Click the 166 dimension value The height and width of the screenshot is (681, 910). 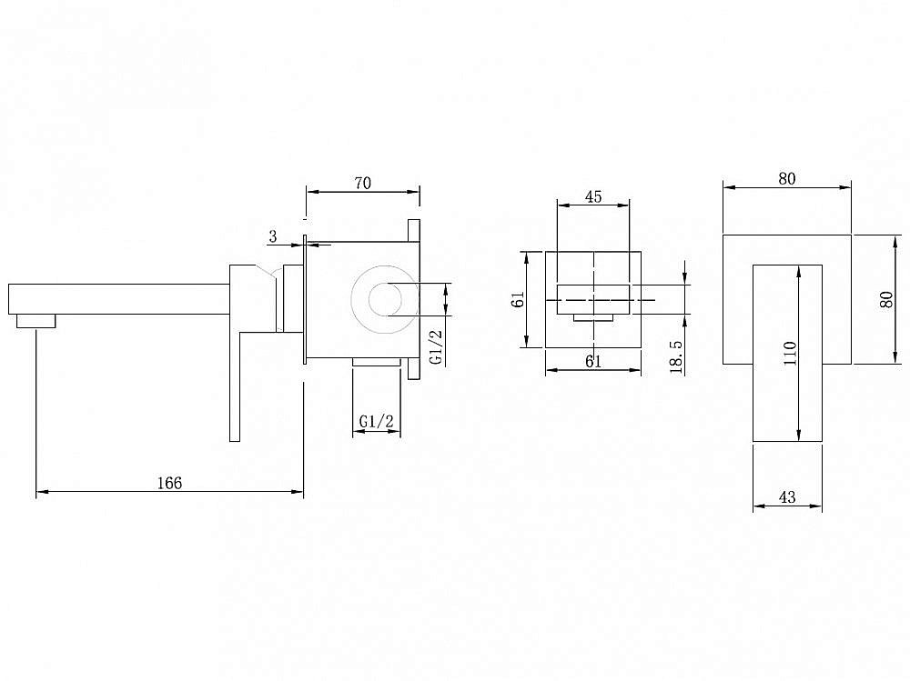pyautogui.click(x=168, y=483)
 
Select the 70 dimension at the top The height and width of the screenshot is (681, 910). pyautogui.click(x=362, y=183)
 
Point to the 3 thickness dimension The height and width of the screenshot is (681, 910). pyautogui.click(x=273, y=236)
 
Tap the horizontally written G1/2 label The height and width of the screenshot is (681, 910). pyautogui.click(x=376, y=421)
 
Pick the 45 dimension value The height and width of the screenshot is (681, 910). pyautogui.click(x=593, y=196)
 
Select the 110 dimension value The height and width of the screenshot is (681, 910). pyautogui.click(x=790, y=353)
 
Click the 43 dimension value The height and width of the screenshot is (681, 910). pyautogui.click(x=787, y=497)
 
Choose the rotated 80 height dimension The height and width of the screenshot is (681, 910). pyautogui.click(x=886, y=298)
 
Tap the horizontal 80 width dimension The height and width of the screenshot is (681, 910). pyautogui.click(x=787, y=179)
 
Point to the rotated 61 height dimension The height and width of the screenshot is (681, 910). pyautogui.click(x=518, y=299)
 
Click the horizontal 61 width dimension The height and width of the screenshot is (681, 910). pyautogui.click(x=592, y=362)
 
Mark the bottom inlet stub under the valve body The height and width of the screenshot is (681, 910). pyautogui.click(x=376, y=363)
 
